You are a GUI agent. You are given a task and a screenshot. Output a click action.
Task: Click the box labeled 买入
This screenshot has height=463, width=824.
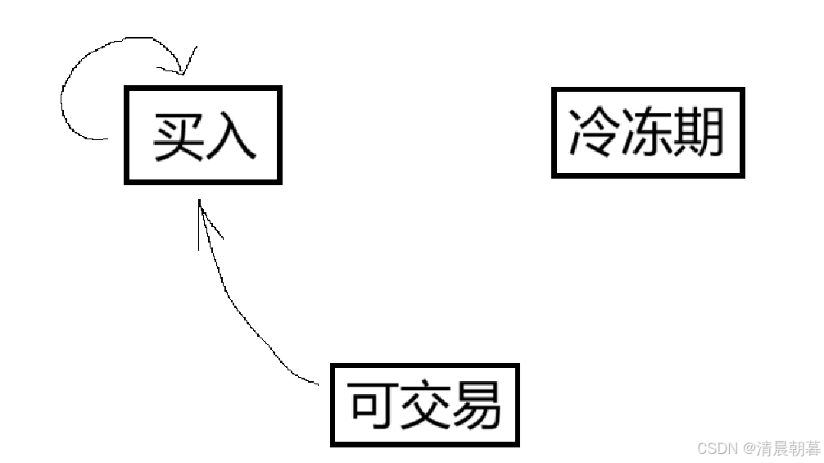click(x=202, y=135)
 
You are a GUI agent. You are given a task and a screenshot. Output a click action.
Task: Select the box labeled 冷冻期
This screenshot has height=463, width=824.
click(x=647, y=133)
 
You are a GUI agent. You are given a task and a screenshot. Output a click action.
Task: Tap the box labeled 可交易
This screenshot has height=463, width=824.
click(x=424, y=405)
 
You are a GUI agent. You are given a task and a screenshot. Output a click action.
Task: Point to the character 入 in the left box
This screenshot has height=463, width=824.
click(x=231, y=136)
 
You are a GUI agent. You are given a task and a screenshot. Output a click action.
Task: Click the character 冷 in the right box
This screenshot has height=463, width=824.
click(x=593, y=133)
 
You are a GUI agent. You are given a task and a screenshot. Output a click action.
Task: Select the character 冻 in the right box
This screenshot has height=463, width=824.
click(x=647, y=133)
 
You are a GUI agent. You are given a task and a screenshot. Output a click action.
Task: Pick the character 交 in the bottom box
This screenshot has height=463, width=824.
click(x=424, y=405)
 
